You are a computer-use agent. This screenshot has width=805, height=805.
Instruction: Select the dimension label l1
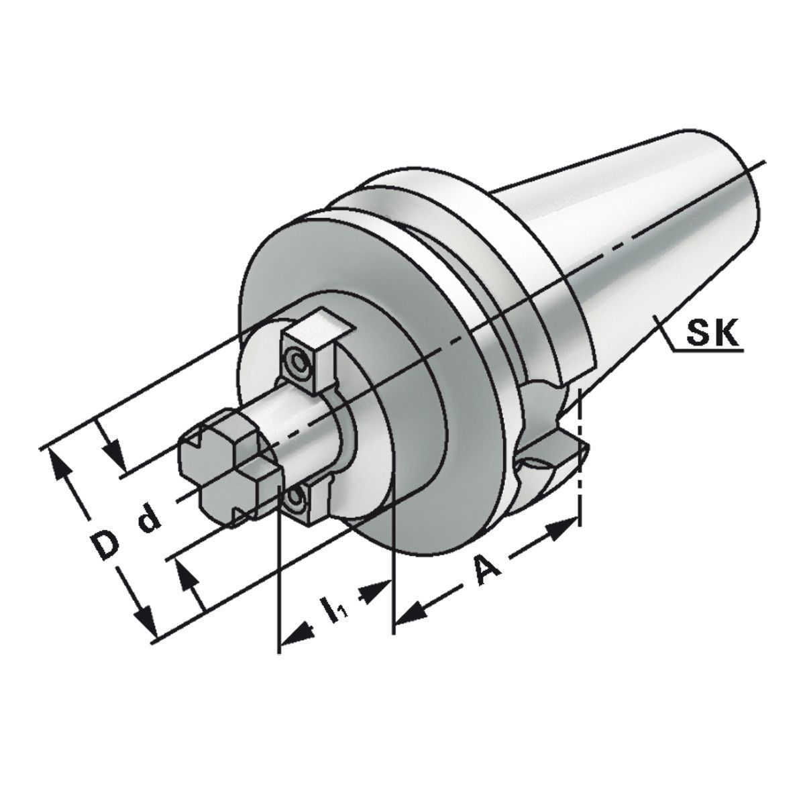[x=333, y=608]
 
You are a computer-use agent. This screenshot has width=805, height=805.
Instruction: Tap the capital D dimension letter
[x=103, y=545]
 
